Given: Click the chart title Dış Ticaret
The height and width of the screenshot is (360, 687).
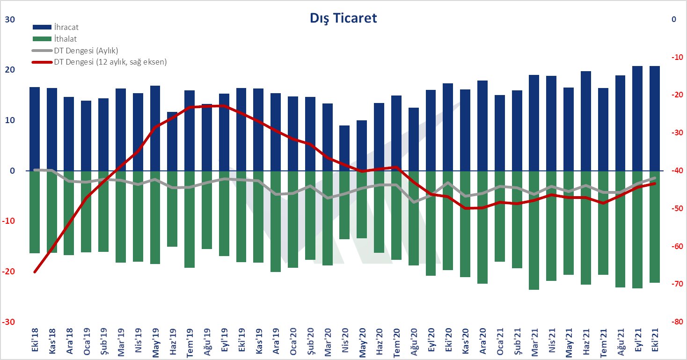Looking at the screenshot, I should [343, 18].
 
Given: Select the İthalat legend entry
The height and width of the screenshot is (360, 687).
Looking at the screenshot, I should [65, 39].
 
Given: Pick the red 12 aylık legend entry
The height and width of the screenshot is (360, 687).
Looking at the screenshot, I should [110, 61].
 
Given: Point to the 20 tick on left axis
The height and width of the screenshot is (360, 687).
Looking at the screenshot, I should [10, 70].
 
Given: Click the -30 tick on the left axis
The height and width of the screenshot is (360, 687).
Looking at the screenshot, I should [10, 323].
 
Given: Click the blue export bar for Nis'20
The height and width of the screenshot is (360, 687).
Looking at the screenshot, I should [344, 148].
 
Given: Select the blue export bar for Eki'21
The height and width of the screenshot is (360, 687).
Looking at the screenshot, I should [654, 118].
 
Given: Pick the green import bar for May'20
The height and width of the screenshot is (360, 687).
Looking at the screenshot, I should [362, 205].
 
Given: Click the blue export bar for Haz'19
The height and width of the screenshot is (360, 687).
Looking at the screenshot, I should [172, 141].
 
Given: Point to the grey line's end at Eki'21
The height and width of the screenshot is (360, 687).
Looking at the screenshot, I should [654, 178].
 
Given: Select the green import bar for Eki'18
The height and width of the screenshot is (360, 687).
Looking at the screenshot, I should [35, 212].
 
